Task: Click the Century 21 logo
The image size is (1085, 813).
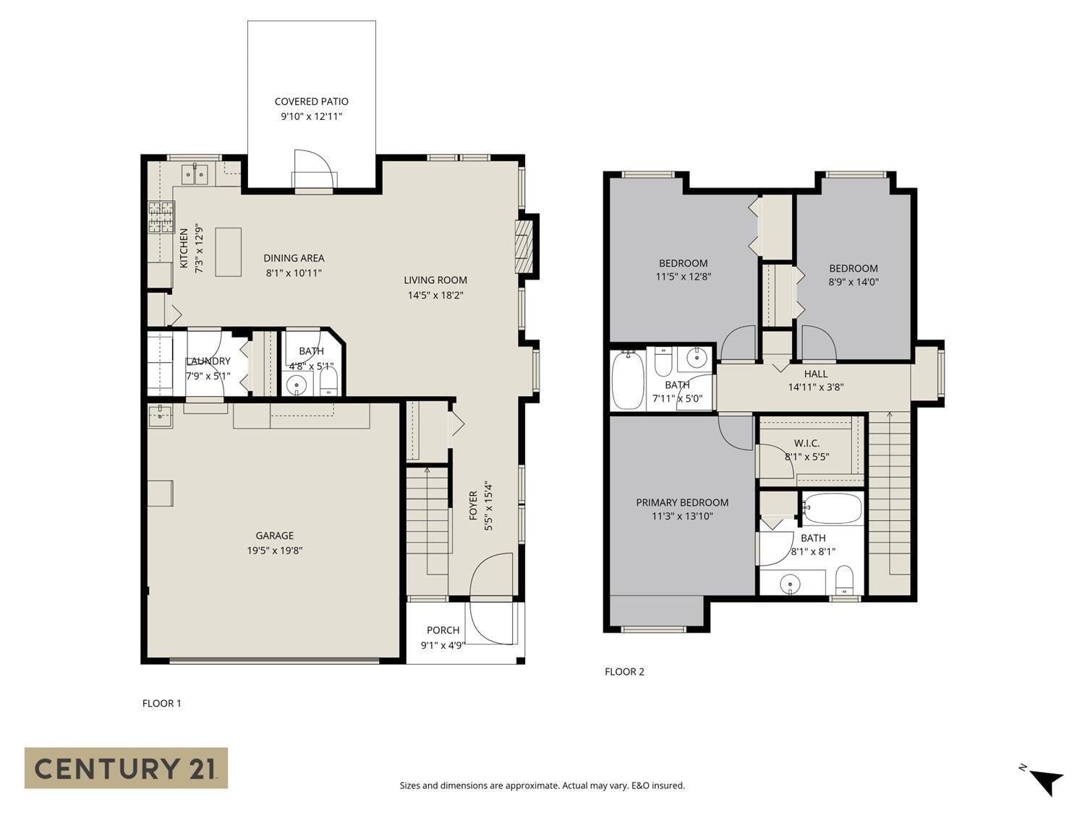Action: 126,767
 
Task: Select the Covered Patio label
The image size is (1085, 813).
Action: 311,102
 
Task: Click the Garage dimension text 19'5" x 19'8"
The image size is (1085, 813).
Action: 274,551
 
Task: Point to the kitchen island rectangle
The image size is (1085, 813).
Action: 229,251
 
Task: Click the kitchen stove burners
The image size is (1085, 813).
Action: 161,217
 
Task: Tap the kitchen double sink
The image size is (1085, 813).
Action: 195,173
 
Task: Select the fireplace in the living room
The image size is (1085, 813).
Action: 524,244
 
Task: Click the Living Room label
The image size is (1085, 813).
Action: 435,280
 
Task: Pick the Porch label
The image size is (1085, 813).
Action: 443,630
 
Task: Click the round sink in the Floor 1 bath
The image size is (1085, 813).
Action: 296,386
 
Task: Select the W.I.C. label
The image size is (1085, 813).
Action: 807,443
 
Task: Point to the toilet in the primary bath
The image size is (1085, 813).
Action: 844,579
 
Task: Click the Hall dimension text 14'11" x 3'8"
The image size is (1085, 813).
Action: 815,387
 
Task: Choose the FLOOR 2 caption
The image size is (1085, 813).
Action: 624,672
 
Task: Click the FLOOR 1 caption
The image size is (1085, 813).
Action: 161,704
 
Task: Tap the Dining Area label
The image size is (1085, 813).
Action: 294,258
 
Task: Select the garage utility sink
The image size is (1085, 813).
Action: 160,416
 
